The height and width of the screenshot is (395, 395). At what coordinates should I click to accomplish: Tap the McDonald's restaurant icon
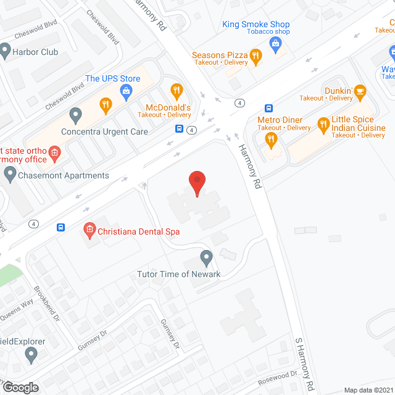click(x=177, y=91)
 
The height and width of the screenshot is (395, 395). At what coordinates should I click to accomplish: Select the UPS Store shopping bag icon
click(x=127, y=93)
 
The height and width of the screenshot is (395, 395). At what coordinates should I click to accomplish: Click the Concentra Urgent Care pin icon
click(x=76, y=115)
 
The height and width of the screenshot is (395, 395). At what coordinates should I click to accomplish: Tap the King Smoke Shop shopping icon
click(x=275, y=43)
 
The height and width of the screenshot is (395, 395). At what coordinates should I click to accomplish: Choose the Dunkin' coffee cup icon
click(x=360, y=93)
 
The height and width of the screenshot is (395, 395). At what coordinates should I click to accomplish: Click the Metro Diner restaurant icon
click(x=270, y=140)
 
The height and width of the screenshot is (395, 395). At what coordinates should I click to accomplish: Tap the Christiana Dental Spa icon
click(x=89, y=231)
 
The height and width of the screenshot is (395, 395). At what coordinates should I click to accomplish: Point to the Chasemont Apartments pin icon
click(x=9, y=175)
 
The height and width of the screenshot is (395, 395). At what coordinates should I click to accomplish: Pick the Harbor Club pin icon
click(x=6, y=52)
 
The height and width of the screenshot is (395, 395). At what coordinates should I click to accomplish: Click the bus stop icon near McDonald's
click(x=179, y=129)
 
